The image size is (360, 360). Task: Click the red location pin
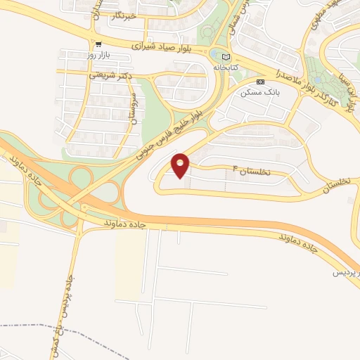click(x=181, y=165)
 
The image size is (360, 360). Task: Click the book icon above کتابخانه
click(x=225, y=57)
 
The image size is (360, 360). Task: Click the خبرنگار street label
click(x=135, y=15)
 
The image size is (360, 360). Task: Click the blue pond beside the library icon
click(x=213, y=54)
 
